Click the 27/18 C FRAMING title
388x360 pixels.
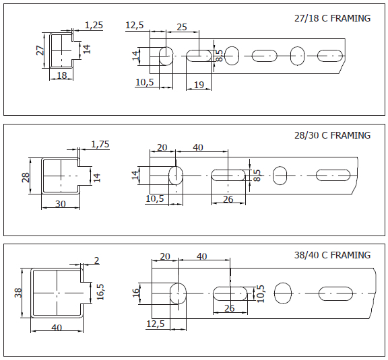[332, 18]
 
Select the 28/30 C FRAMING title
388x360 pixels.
[332, 135]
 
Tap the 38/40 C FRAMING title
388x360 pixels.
[332, 255]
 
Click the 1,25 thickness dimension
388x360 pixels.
[94, 25]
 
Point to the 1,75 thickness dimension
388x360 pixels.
[100, 144]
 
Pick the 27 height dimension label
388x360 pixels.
[40, 50]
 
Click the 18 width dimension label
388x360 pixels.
[61, 75]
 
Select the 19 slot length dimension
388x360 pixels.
[199, 85]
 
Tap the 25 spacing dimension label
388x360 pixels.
[182, 27]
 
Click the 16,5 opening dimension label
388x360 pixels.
[100, 292]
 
